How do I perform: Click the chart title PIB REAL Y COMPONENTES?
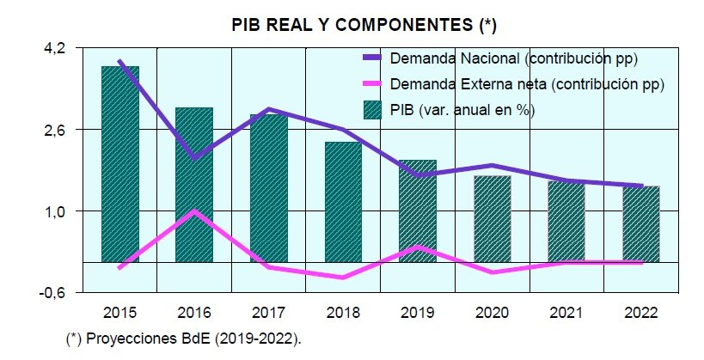tap(364, 25)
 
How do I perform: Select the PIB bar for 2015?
tap(120, 163)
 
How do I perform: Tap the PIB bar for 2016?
tap(194, 184)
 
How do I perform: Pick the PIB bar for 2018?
tap(343, 201)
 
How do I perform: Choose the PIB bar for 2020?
tap(492, 218)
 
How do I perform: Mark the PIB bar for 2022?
tap(640, 223)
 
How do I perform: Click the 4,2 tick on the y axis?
tap(55, 49)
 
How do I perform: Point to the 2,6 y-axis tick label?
tap(55, 130)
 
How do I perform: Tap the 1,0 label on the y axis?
tap(55, 211)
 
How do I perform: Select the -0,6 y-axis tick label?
tap(52, 292)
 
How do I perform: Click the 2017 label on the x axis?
tap(268, 311)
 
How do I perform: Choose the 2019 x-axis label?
tap(417, 311)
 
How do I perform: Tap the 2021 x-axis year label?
tap(566, 311)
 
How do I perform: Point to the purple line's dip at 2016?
tap(195, 158)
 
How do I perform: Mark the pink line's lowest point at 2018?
tap(343, 278)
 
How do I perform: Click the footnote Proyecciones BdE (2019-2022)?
tap(184, 339)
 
